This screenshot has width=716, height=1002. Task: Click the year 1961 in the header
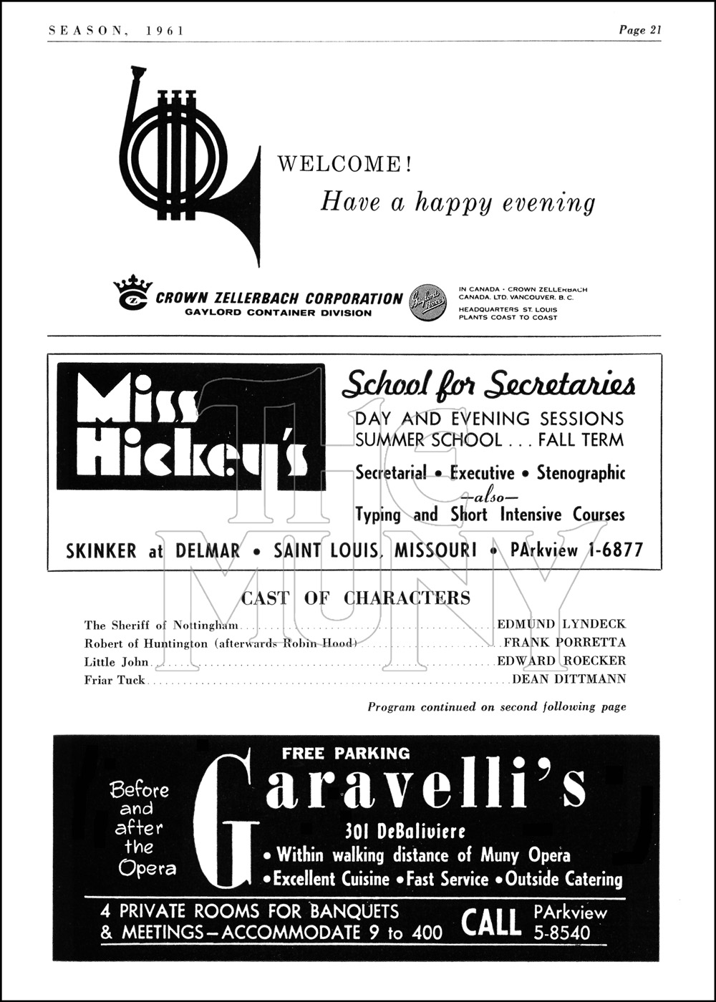click(165, 30)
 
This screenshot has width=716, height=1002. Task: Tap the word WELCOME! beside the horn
click(344, 165)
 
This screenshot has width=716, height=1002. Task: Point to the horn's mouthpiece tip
click(137, 70)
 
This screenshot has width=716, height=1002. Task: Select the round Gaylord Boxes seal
click(427, 303)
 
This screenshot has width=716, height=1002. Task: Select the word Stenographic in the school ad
click(581, 473)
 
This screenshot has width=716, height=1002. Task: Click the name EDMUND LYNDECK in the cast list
click(561, 625)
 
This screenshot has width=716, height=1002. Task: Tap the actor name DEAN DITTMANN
click(569, 679)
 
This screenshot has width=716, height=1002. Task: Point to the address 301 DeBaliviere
click(405, 831)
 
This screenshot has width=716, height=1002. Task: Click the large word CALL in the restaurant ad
click(491, 923)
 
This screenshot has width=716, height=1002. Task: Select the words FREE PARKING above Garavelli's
click(346, 753)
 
